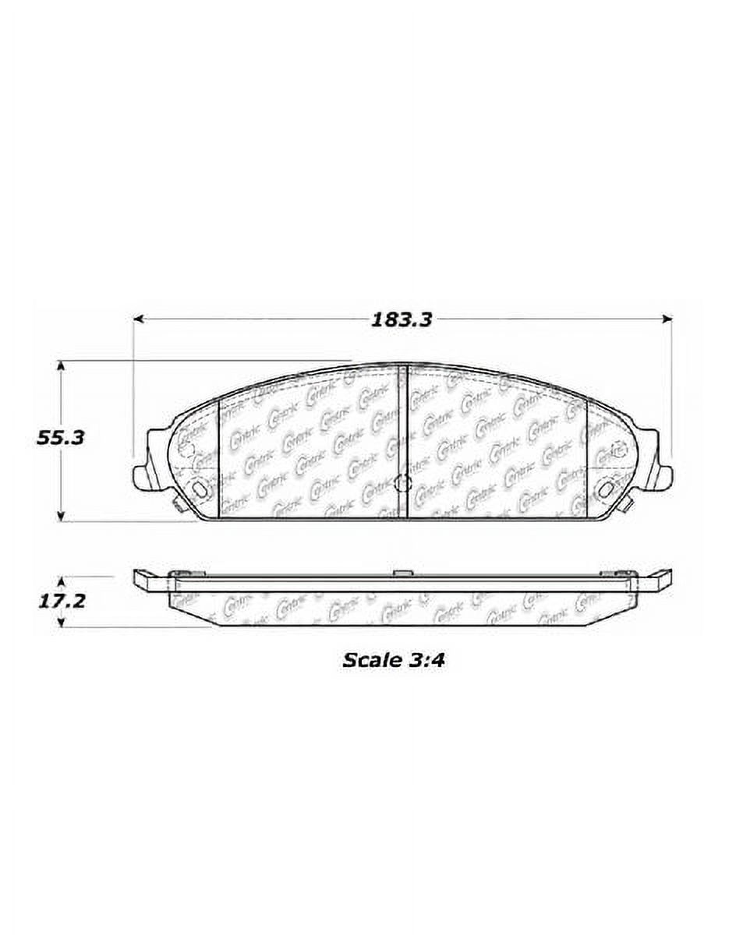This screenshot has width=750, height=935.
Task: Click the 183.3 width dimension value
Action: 402,319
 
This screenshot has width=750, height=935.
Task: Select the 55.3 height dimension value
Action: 59,437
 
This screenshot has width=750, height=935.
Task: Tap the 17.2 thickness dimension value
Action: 59,602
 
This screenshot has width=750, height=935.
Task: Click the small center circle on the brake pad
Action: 402,483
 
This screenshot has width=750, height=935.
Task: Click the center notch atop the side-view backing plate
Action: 402,573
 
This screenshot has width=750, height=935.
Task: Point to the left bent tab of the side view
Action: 148,579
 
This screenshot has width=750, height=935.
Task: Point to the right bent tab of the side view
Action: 656,579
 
